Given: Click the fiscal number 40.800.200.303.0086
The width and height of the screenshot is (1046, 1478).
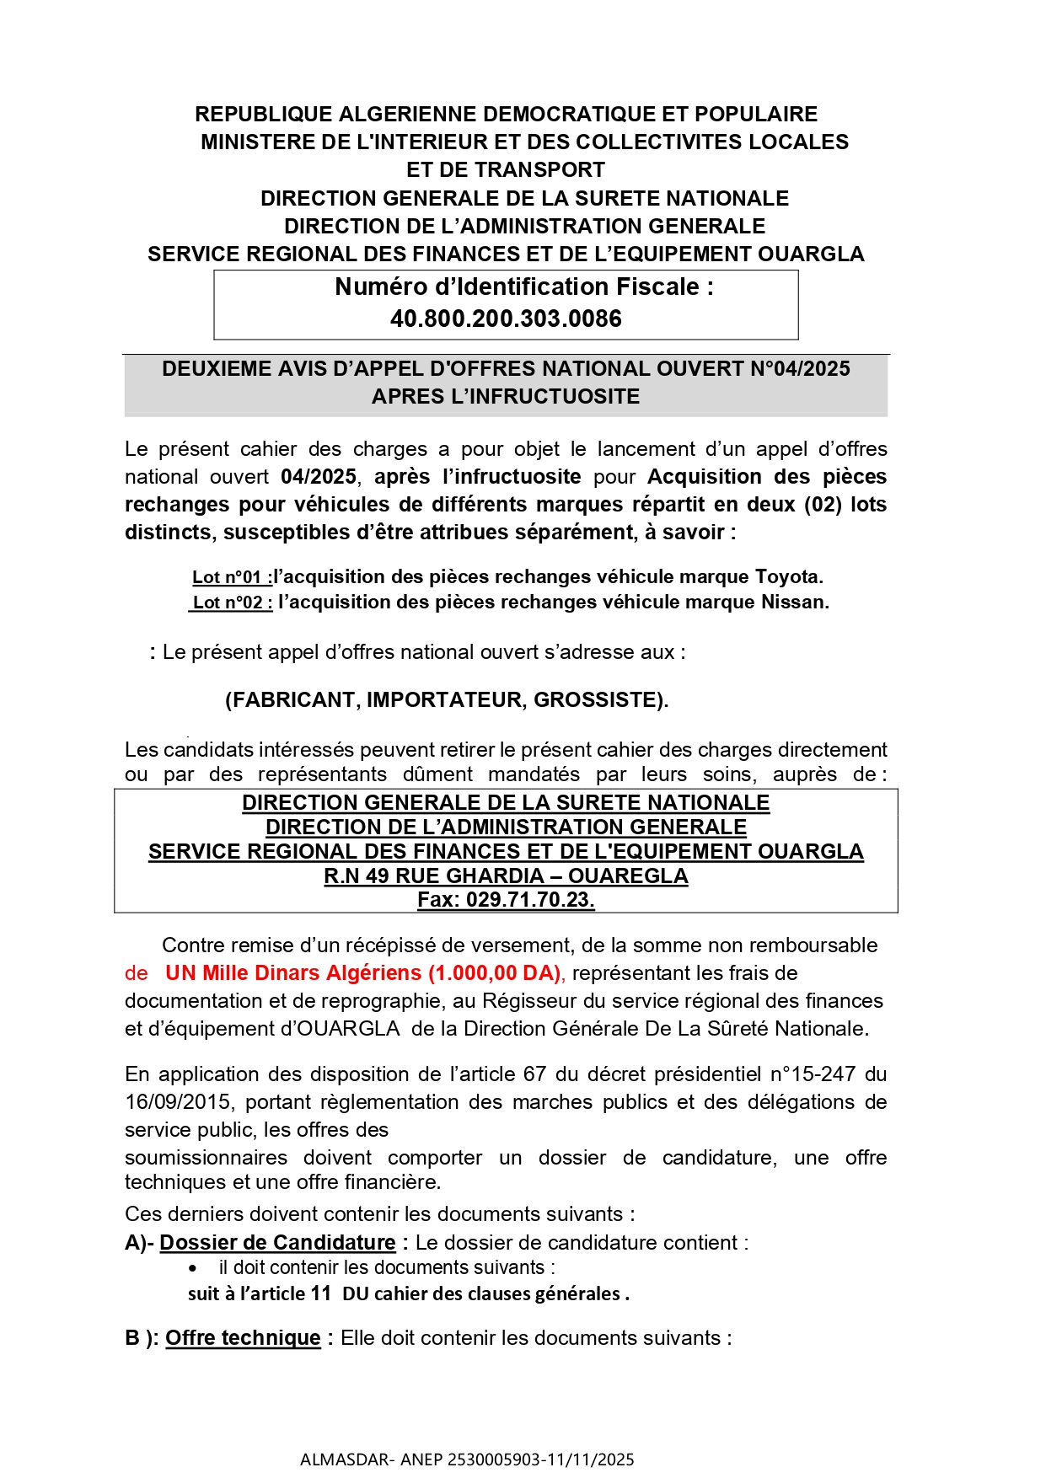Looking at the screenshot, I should [x=506, y=319].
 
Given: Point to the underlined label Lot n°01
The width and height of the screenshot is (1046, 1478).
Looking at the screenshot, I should [x=232, y=577].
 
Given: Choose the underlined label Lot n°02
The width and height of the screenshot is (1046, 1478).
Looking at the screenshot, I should [x=232, y=602].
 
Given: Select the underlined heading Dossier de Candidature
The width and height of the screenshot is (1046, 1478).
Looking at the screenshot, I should [x=277, y=1243].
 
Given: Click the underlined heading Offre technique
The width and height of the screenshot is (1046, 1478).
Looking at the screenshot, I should [x=243, y=1338].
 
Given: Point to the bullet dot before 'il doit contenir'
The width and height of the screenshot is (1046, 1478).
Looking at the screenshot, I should [x=193, y=1269].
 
